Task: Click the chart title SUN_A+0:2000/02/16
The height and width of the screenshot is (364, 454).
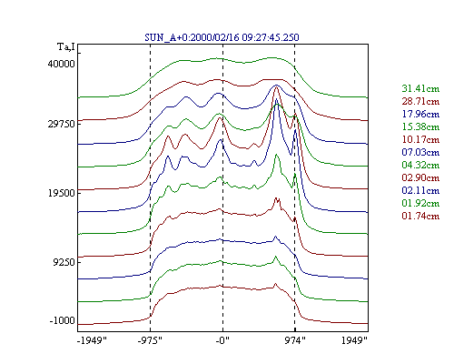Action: pyautogui.click(x=192, y=37)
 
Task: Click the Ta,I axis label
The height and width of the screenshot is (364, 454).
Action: pyautogui.click(x=66, y=47)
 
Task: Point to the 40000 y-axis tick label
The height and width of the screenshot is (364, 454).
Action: pyautogui.click(x=61, y=64)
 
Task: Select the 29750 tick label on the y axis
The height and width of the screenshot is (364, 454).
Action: pyautogui.click(x=61, y=124)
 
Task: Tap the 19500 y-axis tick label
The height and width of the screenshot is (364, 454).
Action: pyautogui.click(x=61, y=193)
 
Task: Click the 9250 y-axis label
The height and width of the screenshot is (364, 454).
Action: pyautogui.click(x=64, y=262)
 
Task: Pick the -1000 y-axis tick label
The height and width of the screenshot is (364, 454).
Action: pyautogui.click(x=62, y=320)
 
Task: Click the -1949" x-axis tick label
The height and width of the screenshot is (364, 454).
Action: pyautogui.click(x=92, y=340)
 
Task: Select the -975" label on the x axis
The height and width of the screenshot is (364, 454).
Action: pyautogui.click(x=150, y=340)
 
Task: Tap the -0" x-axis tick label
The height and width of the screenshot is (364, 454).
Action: pyautogui.click(x=222, y=340)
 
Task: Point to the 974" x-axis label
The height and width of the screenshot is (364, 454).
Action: pyautogui.click(x=295, y=340)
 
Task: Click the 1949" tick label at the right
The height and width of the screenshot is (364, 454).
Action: pyautogui.click(x=354, y=340)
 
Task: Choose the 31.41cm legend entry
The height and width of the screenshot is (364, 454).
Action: pyautogui.click(x=420, y=88)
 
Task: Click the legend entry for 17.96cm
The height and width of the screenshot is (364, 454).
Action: pyautogui.click(x=420, y=114)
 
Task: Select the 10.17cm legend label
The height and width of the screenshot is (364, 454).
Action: pyautogui.click(x=420, y=139)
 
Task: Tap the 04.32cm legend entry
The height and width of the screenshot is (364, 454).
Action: pyautogui.click(x=420, y=165)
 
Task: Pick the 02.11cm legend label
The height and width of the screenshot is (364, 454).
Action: pyautogui.click(x=420, y=190)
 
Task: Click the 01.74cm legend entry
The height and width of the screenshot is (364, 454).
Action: pyautogui.click(x=420, y=216)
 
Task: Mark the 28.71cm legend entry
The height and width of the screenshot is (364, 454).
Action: pyautogui.click(x=420, y=101)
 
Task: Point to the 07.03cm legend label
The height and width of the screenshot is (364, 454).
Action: pyautogui.click(x=420, y=152)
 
